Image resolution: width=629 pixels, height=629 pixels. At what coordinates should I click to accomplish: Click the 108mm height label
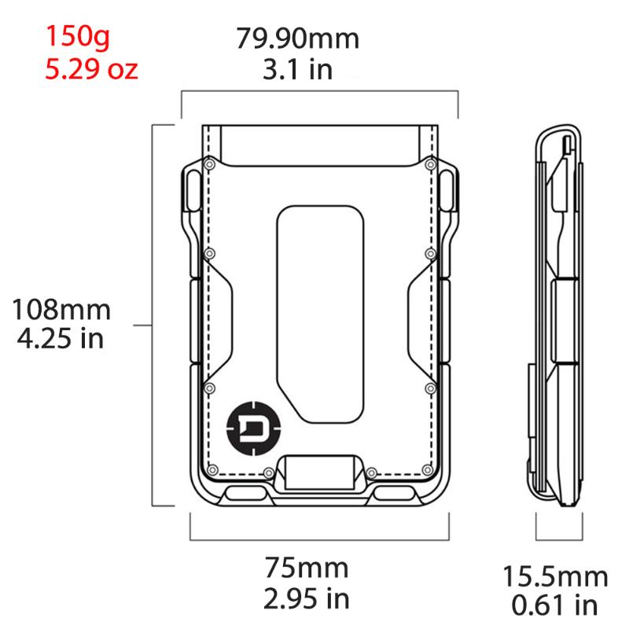point(61,309)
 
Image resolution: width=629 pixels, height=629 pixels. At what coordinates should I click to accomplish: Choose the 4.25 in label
point(61,340)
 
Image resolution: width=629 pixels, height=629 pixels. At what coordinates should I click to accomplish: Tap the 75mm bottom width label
point(306,567)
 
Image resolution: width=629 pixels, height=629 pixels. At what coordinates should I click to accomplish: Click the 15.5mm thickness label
point(555,576)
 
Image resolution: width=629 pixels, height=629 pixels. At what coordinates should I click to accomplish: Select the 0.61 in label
point(555,606)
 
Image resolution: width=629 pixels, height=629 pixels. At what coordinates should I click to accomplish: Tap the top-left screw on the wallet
point(210,164)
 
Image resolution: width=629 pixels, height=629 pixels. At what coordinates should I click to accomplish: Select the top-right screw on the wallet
point(430,164)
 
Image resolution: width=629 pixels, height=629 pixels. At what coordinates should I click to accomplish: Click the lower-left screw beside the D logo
point(209,388)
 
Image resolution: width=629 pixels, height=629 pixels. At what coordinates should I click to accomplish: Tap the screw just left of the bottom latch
point(270,473)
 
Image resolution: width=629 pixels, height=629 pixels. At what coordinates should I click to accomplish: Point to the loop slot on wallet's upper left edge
point(189,191)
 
